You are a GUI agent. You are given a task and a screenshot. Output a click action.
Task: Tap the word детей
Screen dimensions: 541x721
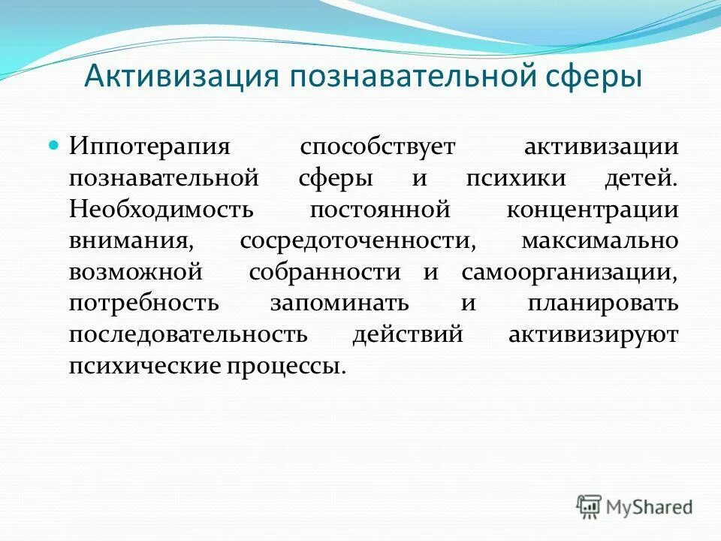coord(643,179)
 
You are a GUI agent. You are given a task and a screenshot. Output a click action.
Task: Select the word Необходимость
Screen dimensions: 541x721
coord(161,210)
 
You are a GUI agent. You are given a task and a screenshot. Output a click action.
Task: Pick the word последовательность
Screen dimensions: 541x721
coord(188,334)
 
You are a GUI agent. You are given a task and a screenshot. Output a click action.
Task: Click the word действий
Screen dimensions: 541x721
coord(407,334)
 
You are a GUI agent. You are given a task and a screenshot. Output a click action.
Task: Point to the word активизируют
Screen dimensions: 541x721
coord(593,334)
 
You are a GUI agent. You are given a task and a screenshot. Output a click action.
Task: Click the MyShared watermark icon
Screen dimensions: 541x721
coord(590,506)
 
